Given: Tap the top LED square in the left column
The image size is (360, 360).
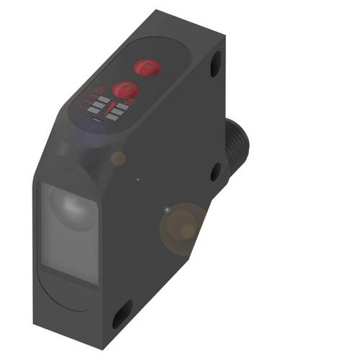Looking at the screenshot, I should pyautogui.click(x=104, y=100).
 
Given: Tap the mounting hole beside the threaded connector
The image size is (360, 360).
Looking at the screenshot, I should pyautogui.click(x=215, y=172).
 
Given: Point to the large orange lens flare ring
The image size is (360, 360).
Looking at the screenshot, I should pyautogui.click(x=183, y=226).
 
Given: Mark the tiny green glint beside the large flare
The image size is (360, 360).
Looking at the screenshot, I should pyautogui.click(x=168, y=210).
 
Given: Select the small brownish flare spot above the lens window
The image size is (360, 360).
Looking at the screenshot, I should pyautogui.click(x=117, y=158).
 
